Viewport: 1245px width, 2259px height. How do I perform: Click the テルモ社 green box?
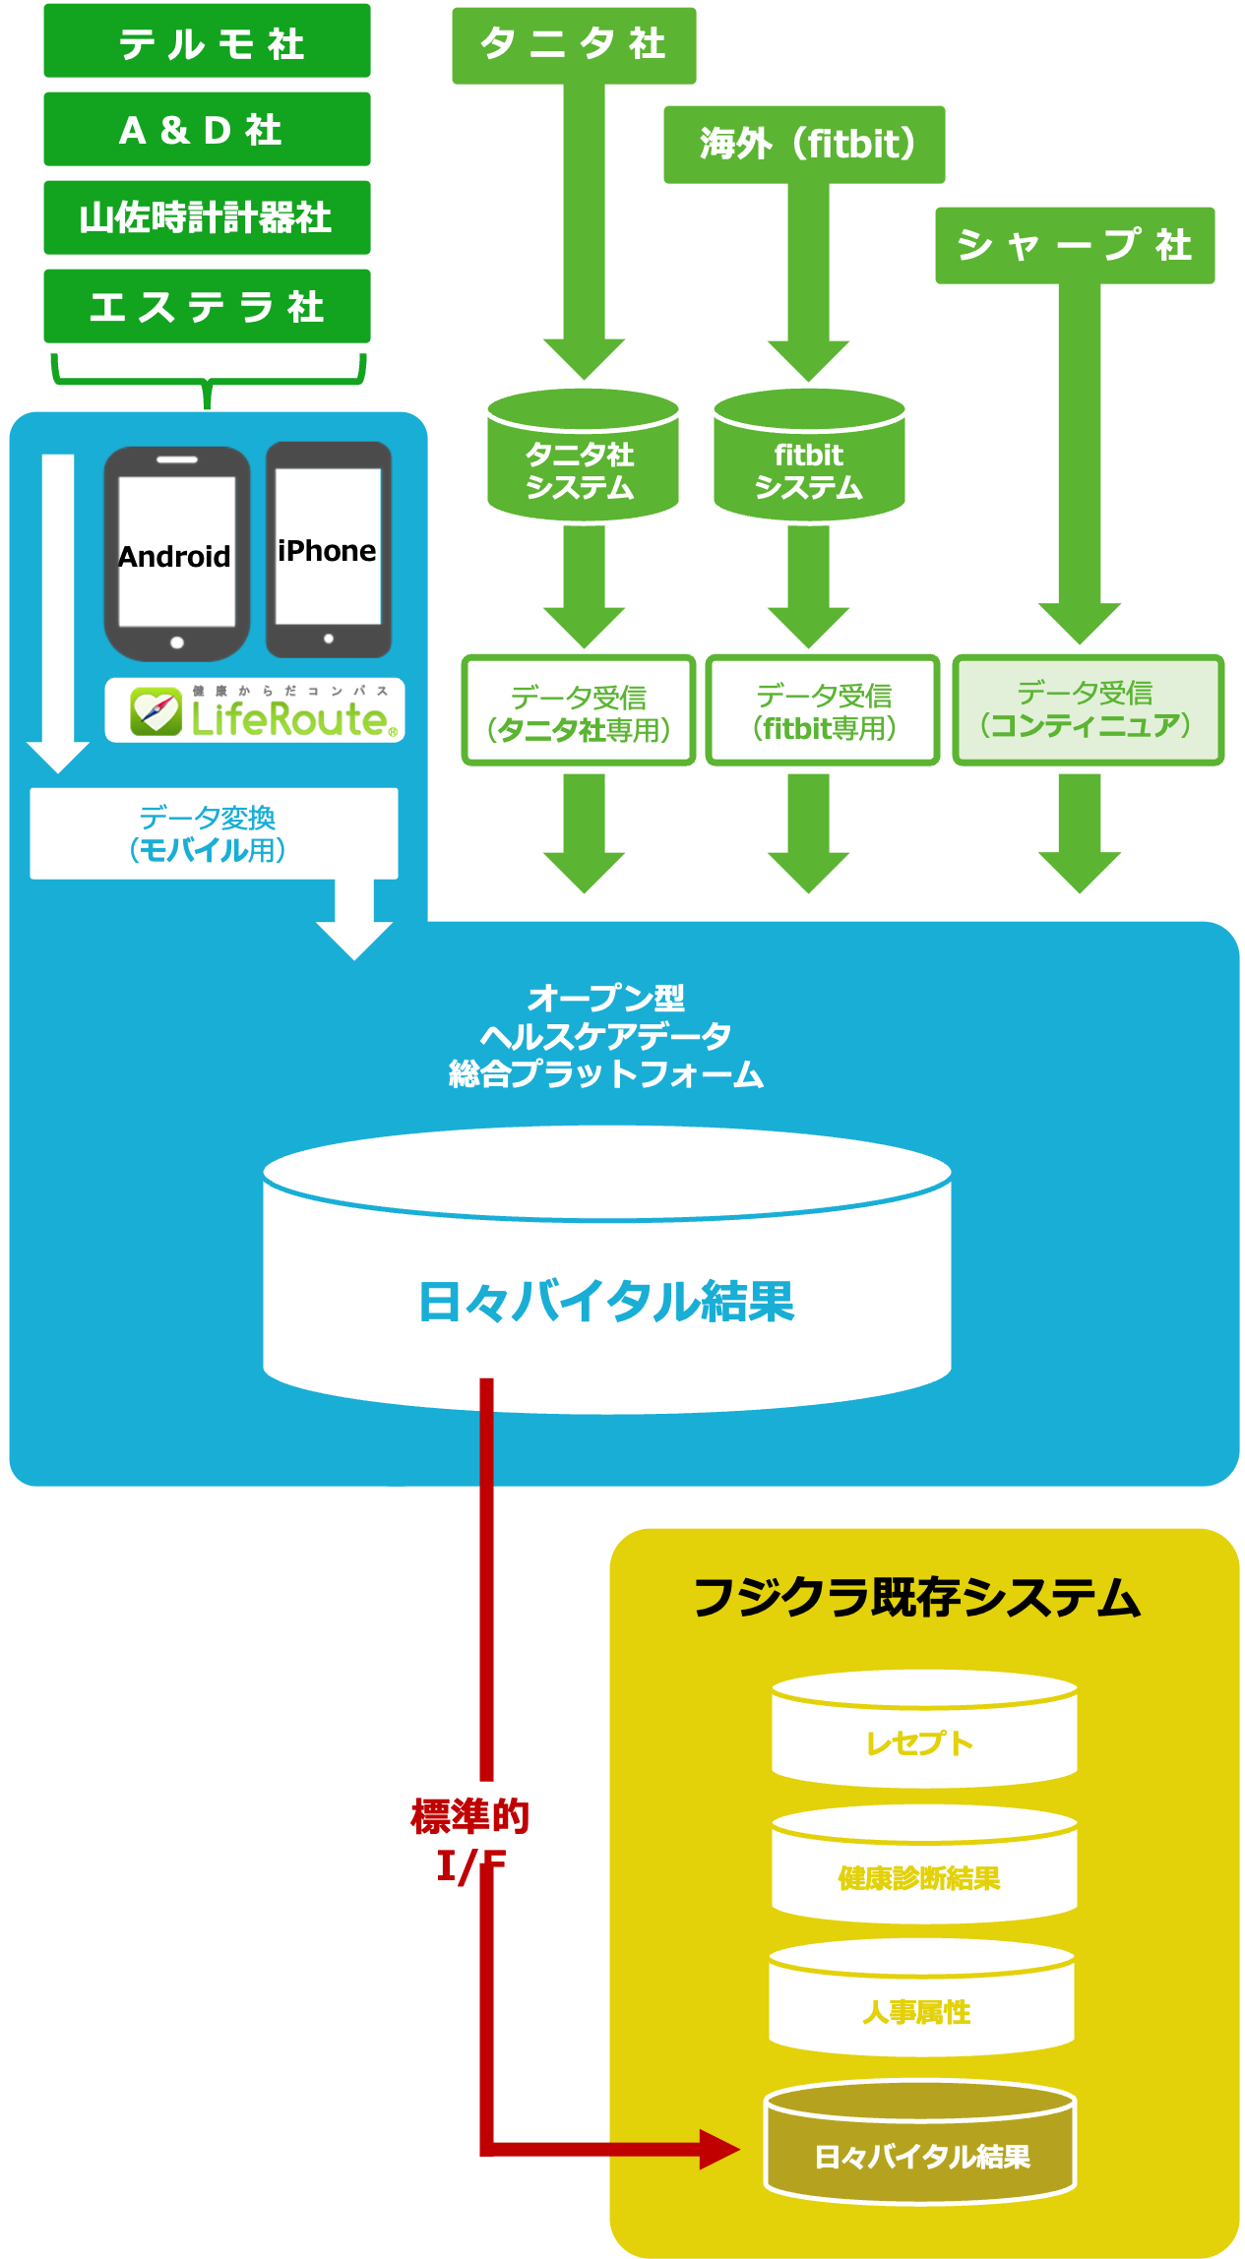[x=207, y=41]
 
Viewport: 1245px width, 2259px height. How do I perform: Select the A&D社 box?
[x=207, y=129]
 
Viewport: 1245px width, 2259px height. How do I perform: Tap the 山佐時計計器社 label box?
[x=207, y=217]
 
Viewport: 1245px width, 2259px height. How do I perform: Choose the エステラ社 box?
[x=207, y=306]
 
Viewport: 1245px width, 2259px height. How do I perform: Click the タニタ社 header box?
[x=574, y=45]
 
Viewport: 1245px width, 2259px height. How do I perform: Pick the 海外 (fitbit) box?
[x=804, y=145]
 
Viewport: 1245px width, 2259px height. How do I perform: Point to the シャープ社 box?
[x=1075, y=245]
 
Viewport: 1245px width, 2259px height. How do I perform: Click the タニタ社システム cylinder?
[x=583, y=462]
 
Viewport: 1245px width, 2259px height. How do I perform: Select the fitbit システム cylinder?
[x=809, y=462]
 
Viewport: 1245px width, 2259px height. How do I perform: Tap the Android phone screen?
[x=177, y=551]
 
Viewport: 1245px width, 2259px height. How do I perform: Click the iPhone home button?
[x=329, y=639]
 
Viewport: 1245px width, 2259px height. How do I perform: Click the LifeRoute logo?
[x=255, y=711]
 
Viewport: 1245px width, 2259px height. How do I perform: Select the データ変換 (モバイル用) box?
[x=214, y=833]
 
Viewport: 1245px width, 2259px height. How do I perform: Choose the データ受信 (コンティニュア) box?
[x=1088, y=709]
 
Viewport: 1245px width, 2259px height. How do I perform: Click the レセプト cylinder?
[x=923, y=1737]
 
